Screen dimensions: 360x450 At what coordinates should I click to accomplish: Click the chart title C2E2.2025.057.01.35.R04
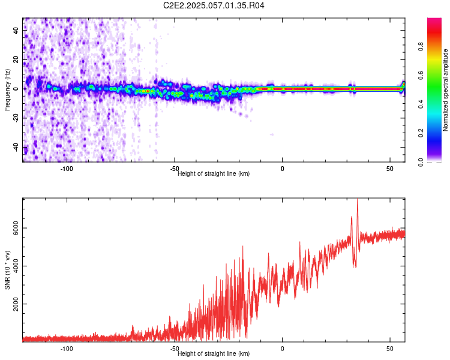(x=214, y=5)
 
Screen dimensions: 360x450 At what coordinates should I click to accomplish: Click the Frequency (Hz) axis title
(x=7, y=90)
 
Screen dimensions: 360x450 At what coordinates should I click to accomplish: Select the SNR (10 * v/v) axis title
(x=7, y=270)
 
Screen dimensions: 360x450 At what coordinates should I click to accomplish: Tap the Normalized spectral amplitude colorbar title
(x=446, y=90)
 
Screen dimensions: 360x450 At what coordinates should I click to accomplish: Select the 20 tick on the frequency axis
(x=16, y=60)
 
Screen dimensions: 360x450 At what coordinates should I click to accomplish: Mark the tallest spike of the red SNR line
(x=358, y=200)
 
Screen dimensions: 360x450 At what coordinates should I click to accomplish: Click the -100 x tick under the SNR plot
(x=67, y=348)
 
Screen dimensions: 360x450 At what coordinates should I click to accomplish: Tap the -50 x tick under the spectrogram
(x=175, y=169)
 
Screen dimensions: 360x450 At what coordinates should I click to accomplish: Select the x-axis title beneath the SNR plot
(x=214, y=354)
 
